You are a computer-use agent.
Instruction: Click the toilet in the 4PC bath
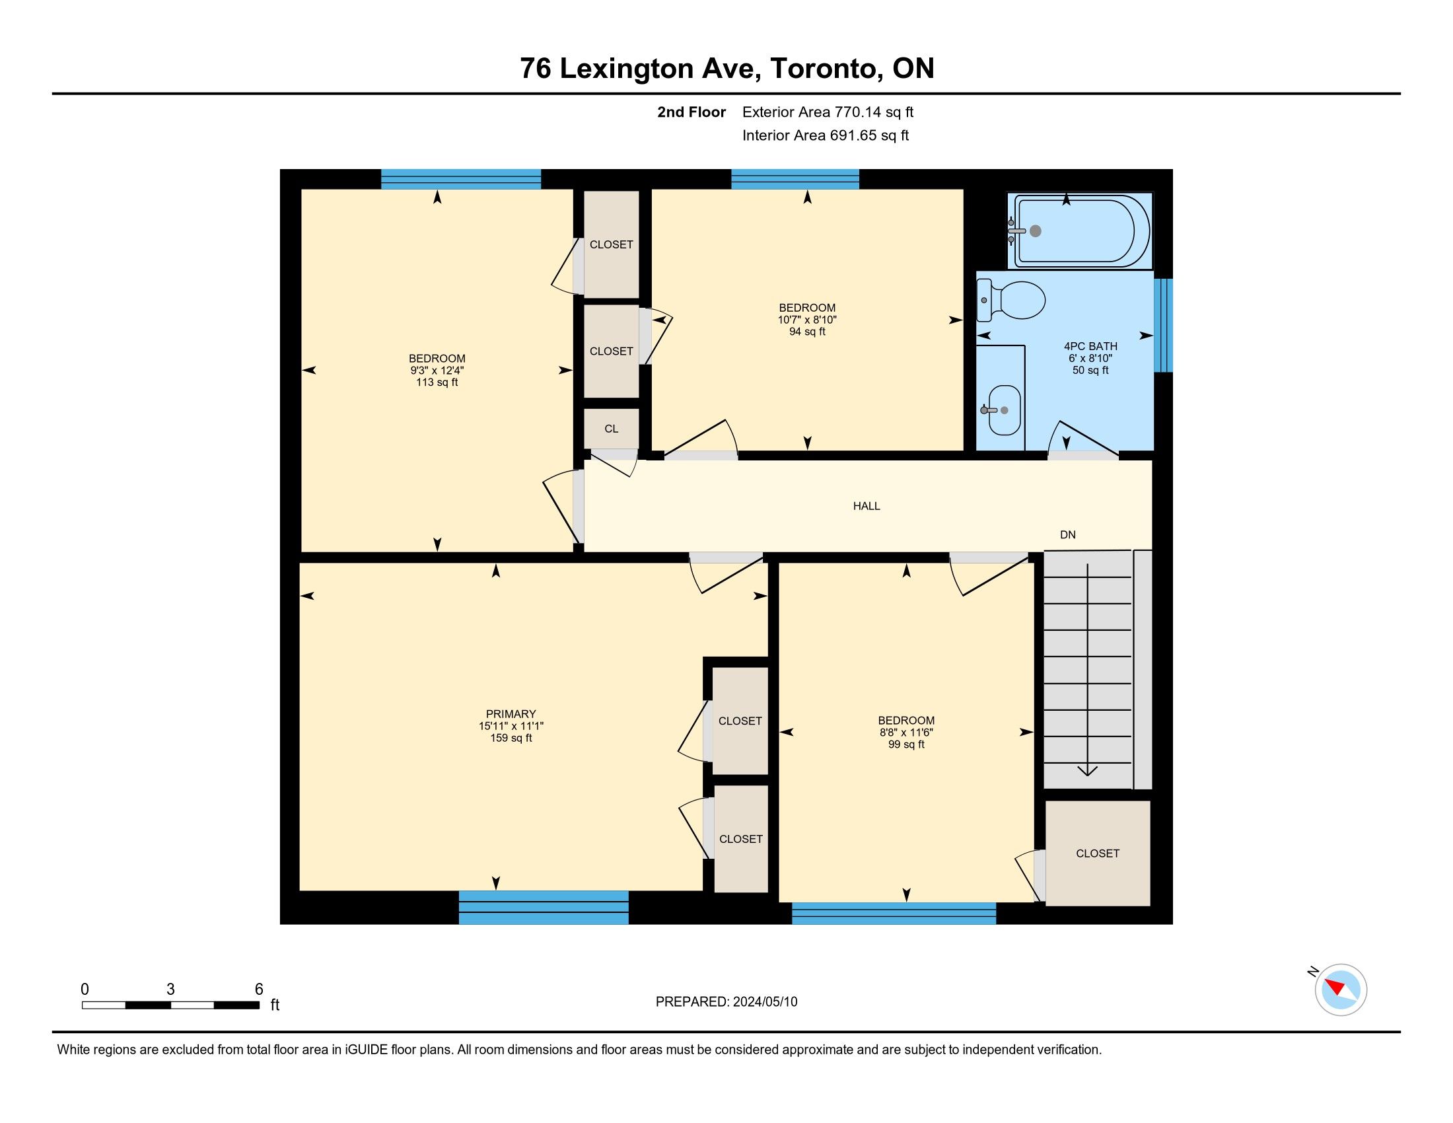(x=1010, y=300)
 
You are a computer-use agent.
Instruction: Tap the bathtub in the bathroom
(x=1079, y=231)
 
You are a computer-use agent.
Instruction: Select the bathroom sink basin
(x=1004, y=410)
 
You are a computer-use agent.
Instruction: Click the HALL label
(x=867, y=506)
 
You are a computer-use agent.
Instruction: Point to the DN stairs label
(x=1068, y=535)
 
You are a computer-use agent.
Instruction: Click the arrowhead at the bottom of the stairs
(x=1087, y=770)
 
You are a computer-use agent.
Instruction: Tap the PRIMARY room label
(x=511, y=714)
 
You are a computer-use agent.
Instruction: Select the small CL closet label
(x=612, y=429)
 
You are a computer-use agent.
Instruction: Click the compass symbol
(x=1341, y=990)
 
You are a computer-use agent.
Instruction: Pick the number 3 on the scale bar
(x=171, y=990)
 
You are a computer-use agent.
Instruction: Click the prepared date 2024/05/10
(x=765, y=1002)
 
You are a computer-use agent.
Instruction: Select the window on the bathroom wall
(x=1163, y=325)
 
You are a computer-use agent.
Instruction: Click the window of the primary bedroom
(x=544, y=908)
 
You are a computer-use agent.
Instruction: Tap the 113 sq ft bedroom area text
(x=437, y=382)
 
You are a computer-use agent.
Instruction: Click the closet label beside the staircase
(x=1098, y=853)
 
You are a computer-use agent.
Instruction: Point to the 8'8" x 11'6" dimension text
(x=906, y=733)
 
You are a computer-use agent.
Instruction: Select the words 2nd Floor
(x=691, y=112)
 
